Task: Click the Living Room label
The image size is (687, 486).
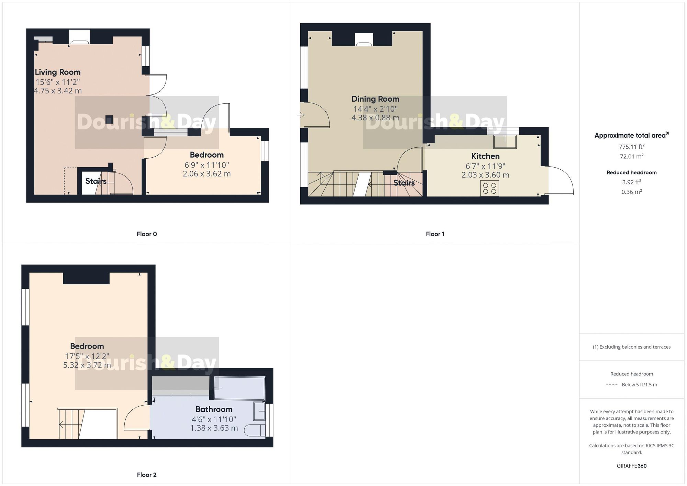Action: click(58, 72)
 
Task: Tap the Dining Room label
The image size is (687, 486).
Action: click(375, 99)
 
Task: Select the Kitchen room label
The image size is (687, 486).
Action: click(485, 156)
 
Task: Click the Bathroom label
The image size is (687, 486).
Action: click(214, 409)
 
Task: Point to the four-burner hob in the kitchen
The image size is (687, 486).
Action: click(489, 188)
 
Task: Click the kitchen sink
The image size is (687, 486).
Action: click(505, 142)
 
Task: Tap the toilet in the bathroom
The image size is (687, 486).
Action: click(255, 430)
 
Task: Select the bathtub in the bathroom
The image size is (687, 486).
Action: click(239, 388)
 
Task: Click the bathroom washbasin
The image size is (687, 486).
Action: click(259, 411)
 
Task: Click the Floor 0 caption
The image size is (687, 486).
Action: click(147, 234)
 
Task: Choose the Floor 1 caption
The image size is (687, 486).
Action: click(435, 234)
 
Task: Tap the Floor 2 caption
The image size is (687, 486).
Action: click(147, 475)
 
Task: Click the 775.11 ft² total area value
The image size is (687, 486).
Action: click(631, 147)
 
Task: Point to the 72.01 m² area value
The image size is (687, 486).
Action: click(631, 156)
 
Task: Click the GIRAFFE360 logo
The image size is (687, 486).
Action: click(631, 466)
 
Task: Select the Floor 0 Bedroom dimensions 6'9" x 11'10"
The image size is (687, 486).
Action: click(207, 165)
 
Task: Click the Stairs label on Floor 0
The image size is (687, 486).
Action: click(96, 181)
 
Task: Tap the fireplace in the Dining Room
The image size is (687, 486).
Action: click(364, 39)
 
